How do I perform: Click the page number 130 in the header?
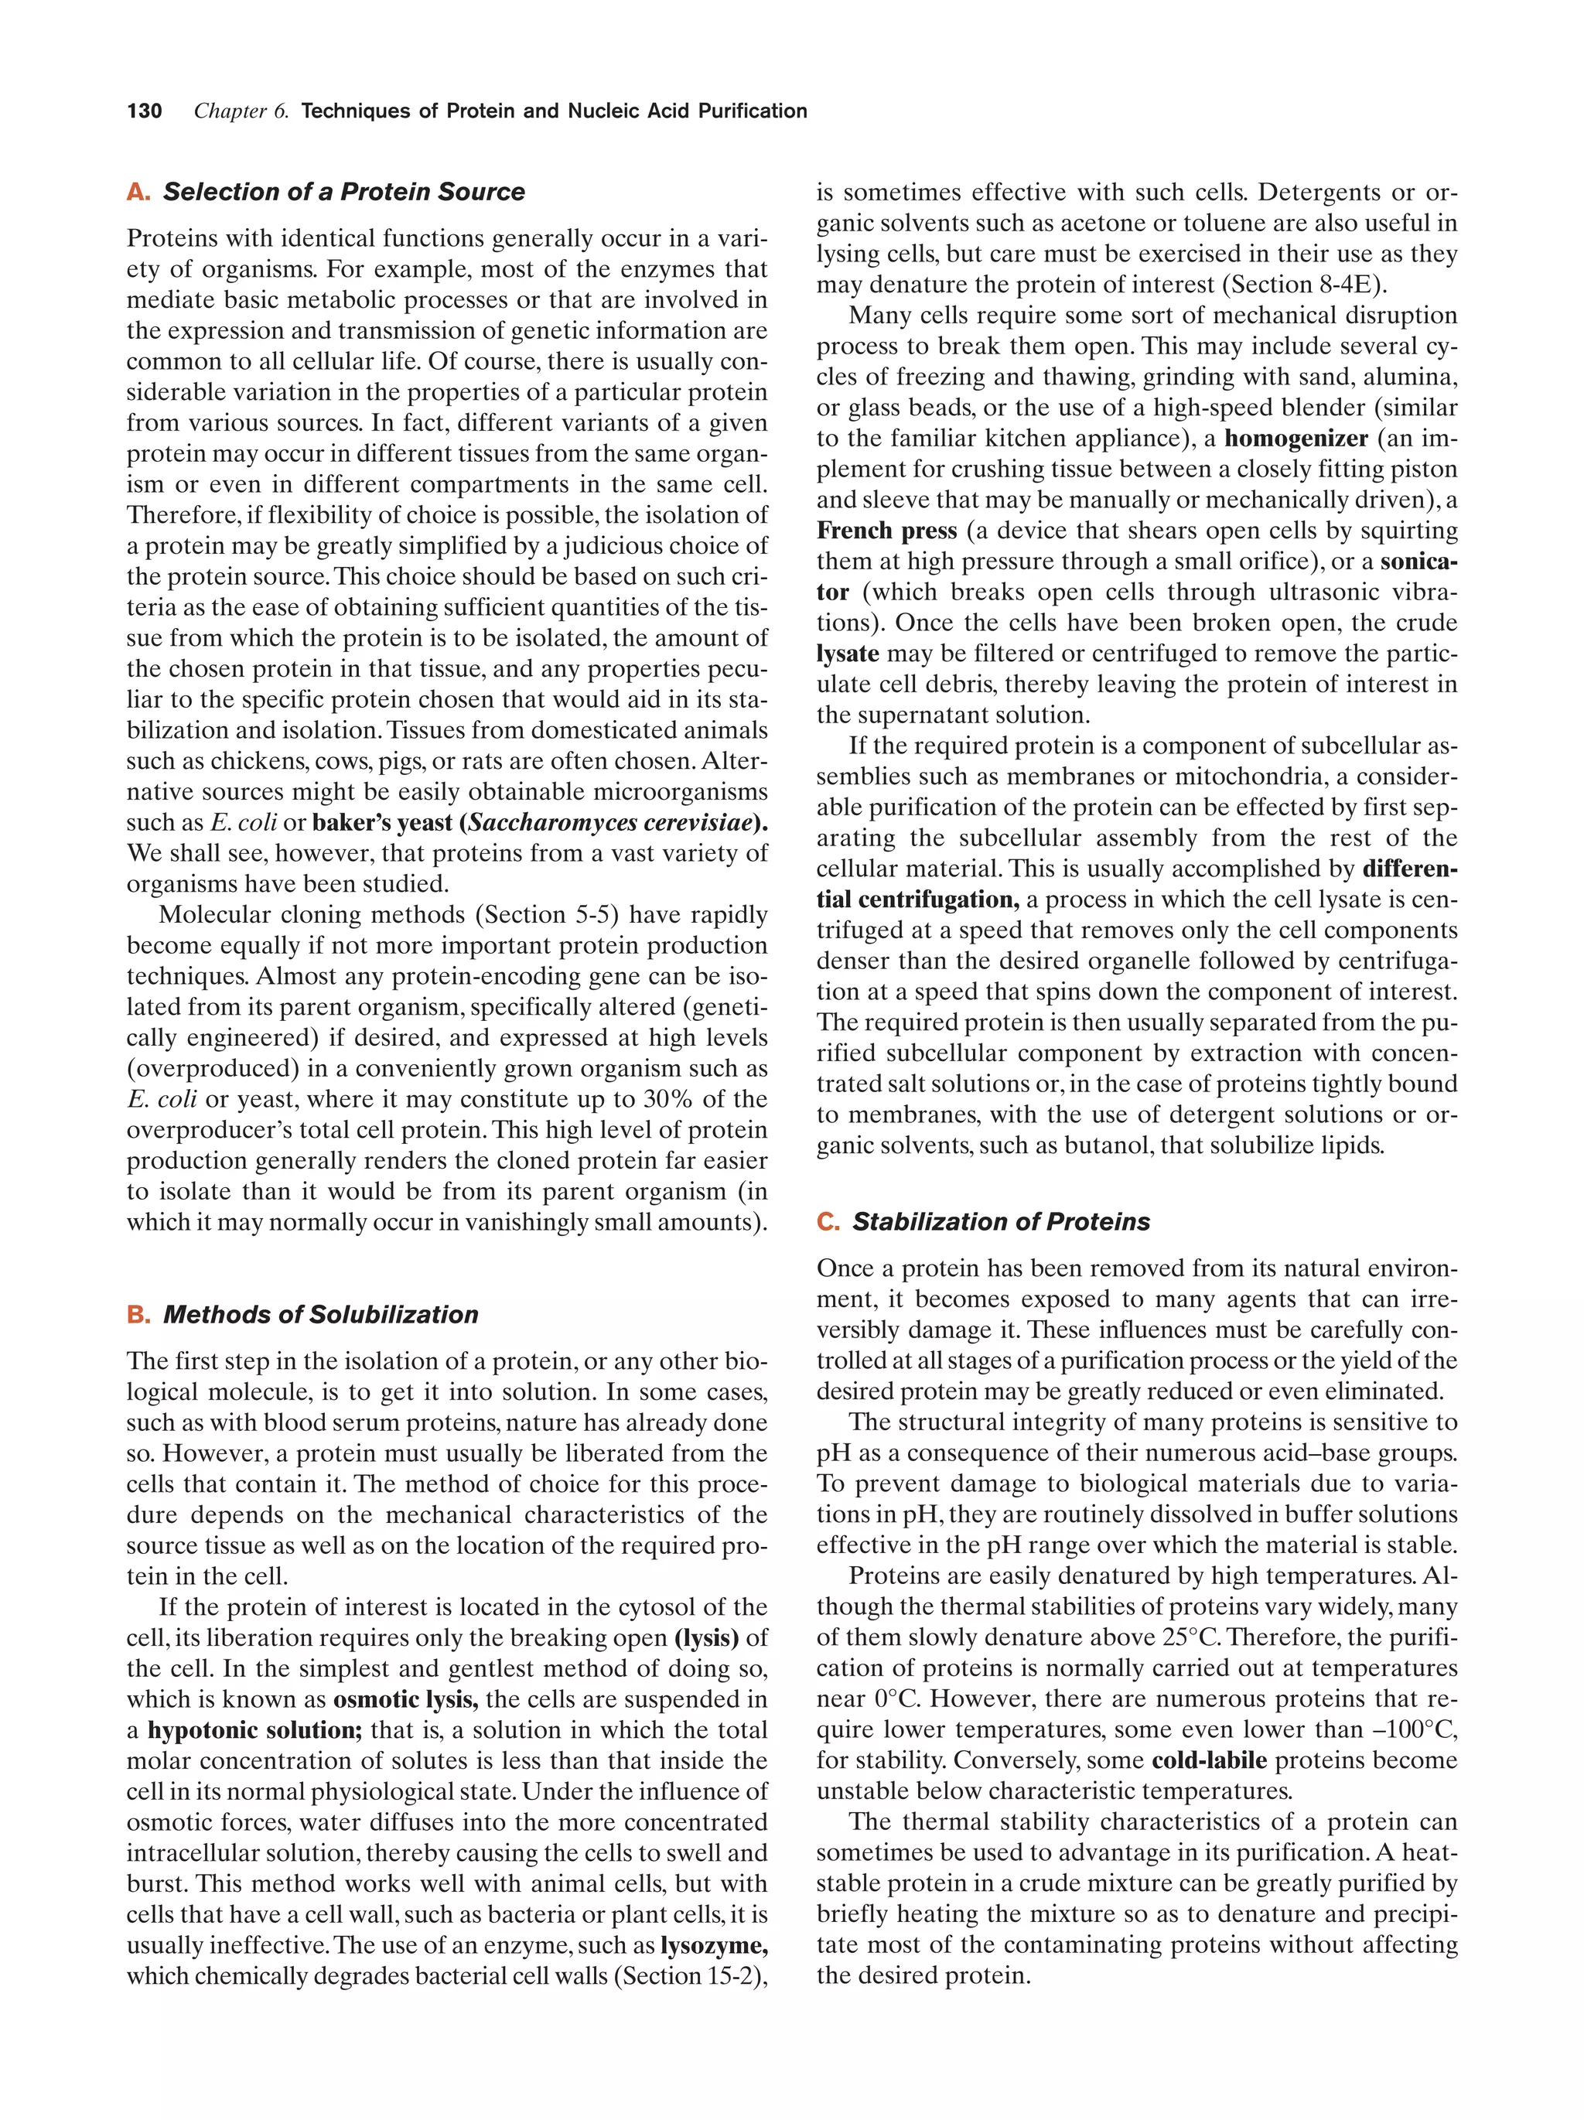(144, 111)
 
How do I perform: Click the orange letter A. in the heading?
(138, 192)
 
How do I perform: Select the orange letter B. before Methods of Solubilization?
(138, 1314)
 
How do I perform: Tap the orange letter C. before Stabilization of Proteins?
(828, 1222)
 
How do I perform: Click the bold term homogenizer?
(1296, 439)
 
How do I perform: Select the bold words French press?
(886, 531)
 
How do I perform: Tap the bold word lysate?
(847, 654)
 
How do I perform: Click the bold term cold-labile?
(1208, 1760)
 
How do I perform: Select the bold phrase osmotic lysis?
(405, 1699)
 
